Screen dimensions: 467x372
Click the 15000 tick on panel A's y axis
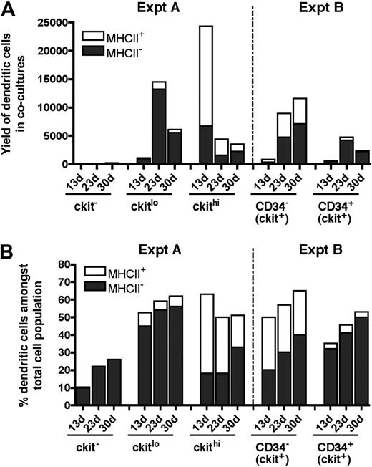coord(52,80)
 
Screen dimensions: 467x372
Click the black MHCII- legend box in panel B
coord(92,284)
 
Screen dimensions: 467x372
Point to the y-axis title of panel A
coord(16,92)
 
